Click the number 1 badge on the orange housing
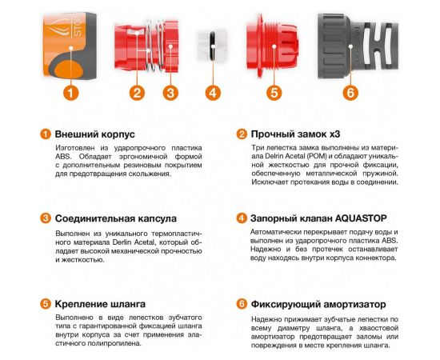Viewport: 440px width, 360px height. click(71, 92)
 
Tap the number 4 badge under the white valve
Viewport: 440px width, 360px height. click(212, 92)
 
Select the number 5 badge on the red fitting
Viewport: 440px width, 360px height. click(274, 92)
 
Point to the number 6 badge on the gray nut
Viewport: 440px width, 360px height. click(349, 92)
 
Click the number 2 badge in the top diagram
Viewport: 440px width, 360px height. click(138, 92)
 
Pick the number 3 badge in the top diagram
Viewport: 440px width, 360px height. click(170, 92)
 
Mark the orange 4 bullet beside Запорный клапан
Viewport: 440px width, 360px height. click(241, 218)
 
